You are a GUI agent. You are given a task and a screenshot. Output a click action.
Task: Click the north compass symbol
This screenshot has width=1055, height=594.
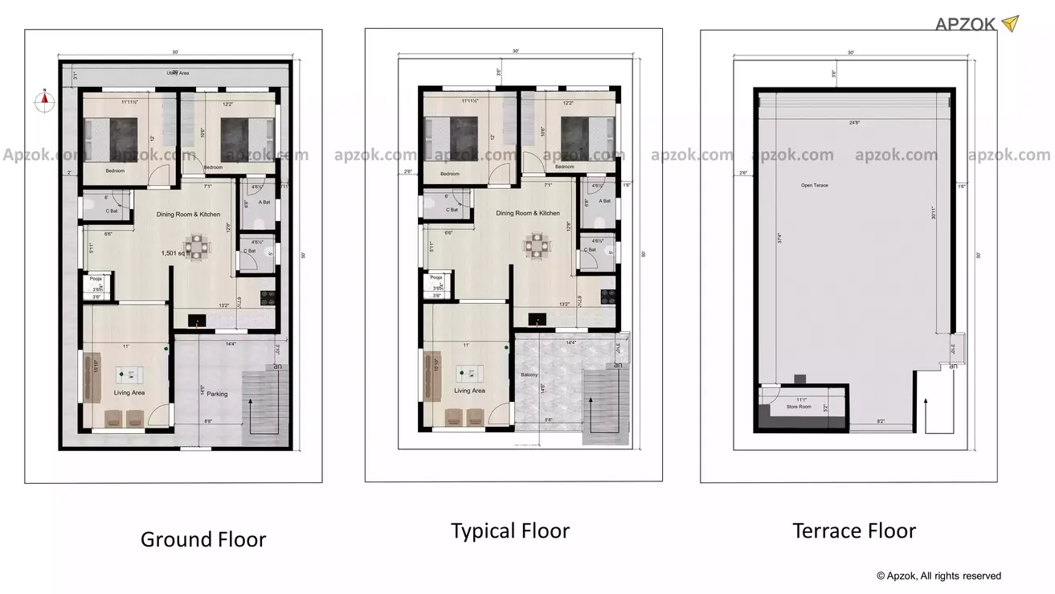[x=46, y=100]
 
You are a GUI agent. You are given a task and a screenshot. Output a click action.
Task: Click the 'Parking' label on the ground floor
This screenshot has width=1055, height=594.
[x=217, y=394]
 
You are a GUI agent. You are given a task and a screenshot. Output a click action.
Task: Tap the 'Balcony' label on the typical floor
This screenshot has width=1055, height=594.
[x=529, y=375]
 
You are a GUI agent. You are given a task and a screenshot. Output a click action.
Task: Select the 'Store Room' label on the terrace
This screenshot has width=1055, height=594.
[x=799, y=408]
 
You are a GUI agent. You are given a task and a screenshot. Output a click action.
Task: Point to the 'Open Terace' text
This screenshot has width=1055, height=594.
[x=814, y=186]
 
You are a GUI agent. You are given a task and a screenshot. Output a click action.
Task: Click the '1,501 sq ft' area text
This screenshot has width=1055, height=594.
[x=180, y=253]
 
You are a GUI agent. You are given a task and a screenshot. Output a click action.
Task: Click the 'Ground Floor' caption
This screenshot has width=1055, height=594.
[x=202, y=539]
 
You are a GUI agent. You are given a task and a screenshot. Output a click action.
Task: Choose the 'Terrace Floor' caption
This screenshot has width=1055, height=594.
[x=853, y=531]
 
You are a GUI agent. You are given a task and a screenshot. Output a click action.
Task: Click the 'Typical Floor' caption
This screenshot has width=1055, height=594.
[x=509, y=531]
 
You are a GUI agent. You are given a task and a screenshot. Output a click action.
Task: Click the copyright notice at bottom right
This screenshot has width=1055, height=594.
[x=938, y=576]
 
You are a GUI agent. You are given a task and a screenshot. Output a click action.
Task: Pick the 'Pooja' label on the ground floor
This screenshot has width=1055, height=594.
[x=96, y=278]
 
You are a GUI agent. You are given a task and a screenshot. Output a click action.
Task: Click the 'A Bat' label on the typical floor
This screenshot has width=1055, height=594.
[x=604, y=201]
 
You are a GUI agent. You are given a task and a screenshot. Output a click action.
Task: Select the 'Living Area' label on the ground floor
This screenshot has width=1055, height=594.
[x=128, y=392]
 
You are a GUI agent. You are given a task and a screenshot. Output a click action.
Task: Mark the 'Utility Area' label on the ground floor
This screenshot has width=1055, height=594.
[x=178, y=73]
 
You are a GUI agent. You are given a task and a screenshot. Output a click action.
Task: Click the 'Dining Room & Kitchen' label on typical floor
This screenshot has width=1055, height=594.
[x=528, y=213]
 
